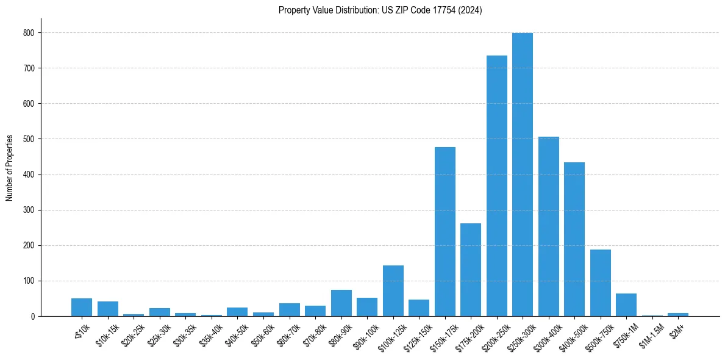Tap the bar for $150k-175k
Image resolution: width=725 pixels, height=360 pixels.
click(x=445, y=232)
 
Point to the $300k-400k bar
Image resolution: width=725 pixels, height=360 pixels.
click(x=548, y=226)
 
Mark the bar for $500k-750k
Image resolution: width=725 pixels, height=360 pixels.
click(x=600, y=283)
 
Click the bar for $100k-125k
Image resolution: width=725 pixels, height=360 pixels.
click(x=393, y=291)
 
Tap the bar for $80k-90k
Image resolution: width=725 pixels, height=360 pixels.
click(x=341, y=303)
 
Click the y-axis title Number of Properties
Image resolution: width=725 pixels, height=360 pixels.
click(x=10, y=168)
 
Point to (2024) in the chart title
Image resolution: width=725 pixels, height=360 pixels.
click(x=470, y=10)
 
